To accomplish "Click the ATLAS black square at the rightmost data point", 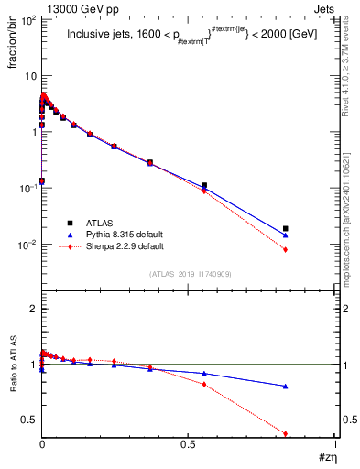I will (x=286, y=228).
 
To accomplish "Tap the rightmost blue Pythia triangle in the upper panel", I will (x=286, y=235).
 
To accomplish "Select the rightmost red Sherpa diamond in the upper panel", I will (x=286, y=250).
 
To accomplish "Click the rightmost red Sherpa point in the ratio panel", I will (x=286, y=433).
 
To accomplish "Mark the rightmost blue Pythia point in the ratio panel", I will (x=286, y=387).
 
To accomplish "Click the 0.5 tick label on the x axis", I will (x=188, y=445).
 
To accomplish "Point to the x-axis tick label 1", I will (x=334, y=445).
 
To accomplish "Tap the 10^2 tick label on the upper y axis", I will (x=27, y=19).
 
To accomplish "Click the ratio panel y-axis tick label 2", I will (x=32, y=309).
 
